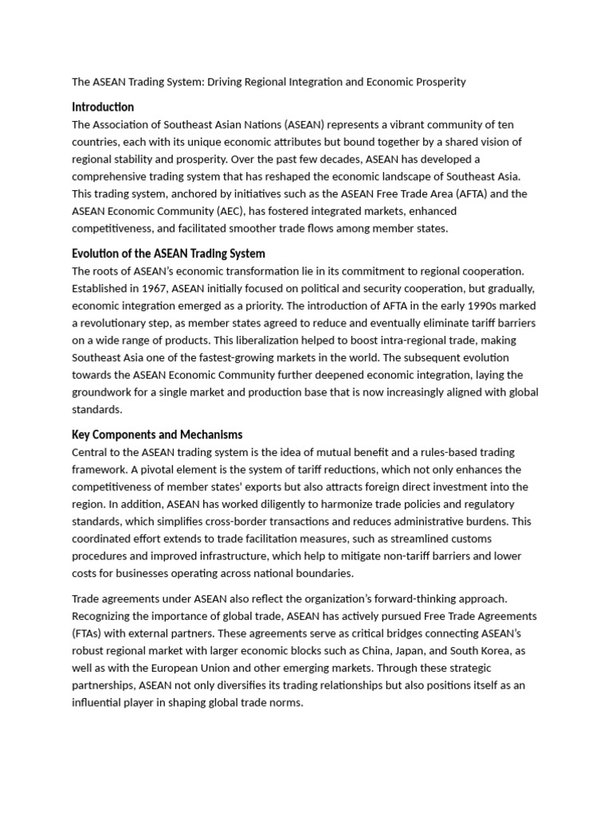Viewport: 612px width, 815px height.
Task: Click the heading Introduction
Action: point(103,107)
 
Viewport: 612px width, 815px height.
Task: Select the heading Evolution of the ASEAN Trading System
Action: point(168,254)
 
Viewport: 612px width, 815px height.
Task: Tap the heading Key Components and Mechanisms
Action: point(157,435)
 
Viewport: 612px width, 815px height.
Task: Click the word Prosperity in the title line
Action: point(438,82)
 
